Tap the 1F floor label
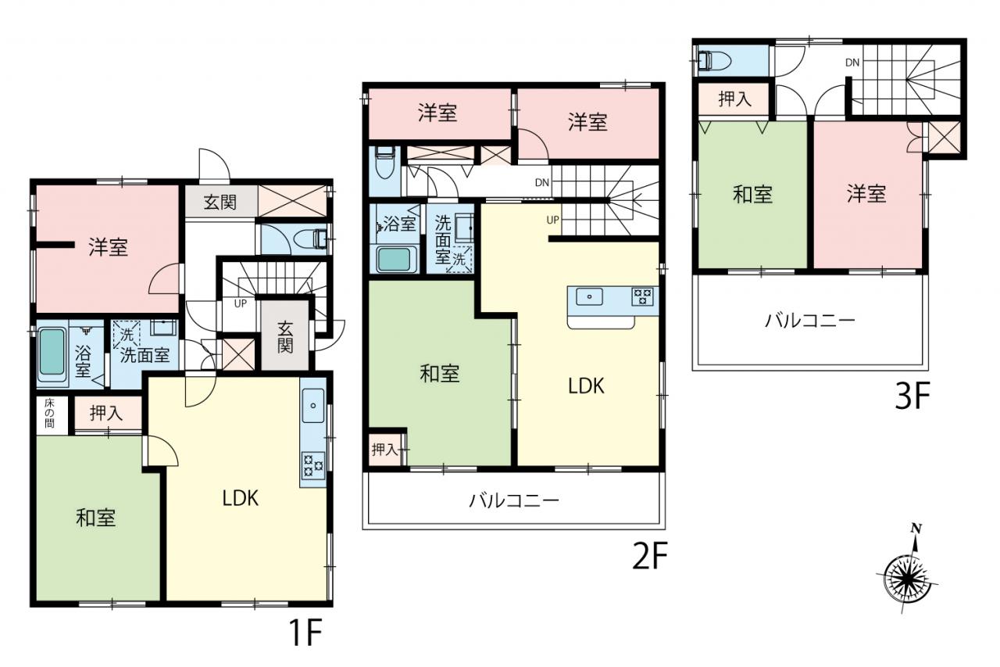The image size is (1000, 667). (x=305, y=633)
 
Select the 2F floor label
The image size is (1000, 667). (x=650, y=556)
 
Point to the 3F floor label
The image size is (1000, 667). (x=912, y=396)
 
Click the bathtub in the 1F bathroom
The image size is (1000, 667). (x=52, y=352)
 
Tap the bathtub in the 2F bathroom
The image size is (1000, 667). (x=395, y=260)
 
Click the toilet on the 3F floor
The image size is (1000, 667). (x=714, y=61)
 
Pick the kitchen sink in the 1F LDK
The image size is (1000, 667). (x=313, y=405)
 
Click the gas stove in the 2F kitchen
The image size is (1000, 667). (x=642, y=296)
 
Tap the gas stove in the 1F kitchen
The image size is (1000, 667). (x=313, y=465)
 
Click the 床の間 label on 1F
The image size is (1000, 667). (x=49, y=413)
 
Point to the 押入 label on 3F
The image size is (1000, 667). (x=734, y=99)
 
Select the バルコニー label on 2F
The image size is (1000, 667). (x=514, y=500)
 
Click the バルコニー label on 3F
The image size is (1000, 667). (x=810, y=321)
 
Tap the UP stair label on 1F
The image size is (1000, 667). (x=240, y=304)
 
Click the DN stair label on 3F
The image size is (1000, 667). (x=852, y=63)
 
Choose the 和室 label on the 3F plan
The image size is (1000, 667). (x=752, y=195)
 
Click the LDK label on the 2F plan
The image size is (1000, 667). (x=586, y=386)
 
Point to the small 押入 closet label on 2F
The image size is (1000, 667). (x=384, y=450)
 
